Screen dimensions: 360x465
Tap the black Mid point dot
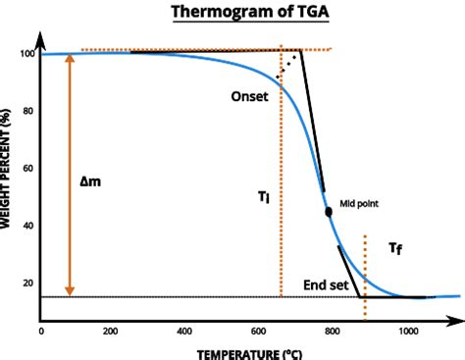328,211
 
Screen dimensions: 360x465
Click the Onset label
249,97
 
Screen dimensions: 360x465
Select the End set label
325,284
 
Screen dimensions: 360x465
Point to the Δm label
90,180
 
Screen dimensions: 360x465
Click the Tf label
394,249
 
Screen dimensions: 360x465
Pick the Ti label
264,197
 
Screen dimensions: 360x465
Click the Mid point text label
359,203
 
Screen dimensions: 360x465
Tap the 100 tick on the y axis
26,53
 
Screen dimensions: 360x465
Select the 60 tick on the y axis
28,169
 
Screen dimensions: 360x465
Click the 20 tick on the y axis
28,283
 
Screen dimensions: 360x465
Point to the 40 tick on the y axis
28,227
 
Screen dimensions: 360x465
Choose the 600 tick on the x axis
258,332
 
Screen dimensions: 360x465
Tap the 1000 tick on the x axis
407,332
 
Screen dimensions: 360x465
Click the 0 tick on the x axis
40,332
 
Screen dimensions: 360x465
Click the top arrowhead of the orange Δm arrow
69,59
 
